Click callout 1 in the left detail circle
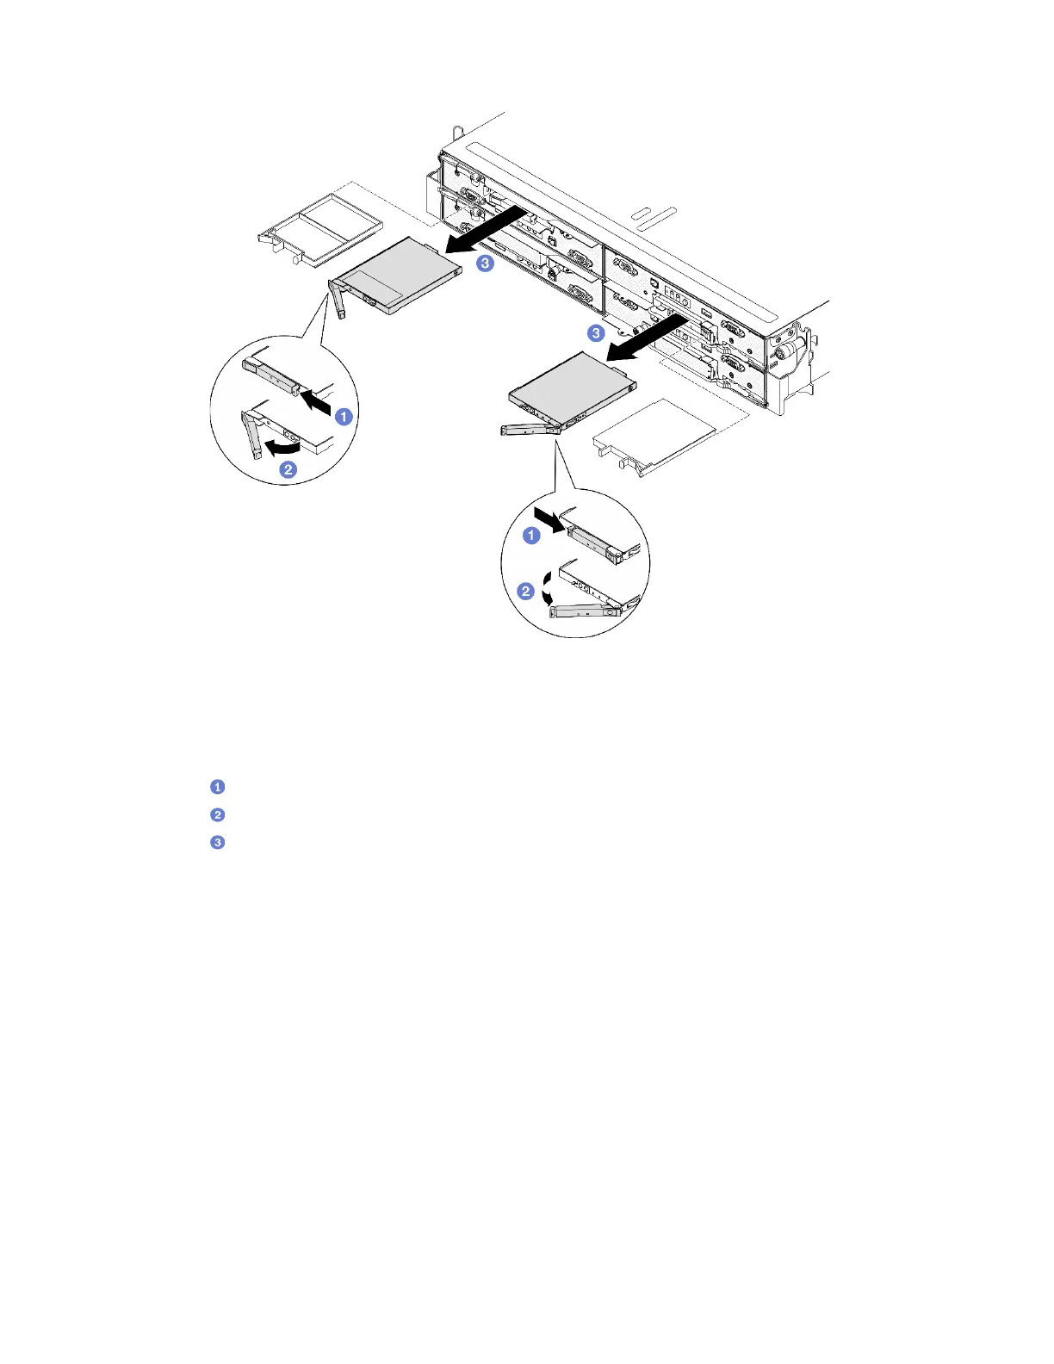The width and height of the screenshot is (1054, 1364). pyautogui.click(x=344, y=417)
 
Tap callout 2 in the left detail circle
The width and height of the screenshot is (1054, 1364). pyautogui.click(x=288, y=469)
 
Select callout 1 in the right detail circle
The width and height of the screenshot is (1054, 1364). pyautogui.click(x=532, y=536)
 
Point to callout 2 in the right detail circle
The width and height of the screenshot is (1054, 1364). pyautogui.click(x=525, y=591)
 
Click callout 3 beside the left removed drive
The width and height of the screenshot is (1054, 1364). pyautogui.click(x=486, y=263)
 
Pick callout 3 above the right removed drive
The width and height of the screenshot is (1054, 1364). pyautogui.click(x=596, y=332)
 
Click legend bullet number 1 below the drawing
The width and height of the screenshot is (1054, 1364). pyautogui.click(x=218, y=787)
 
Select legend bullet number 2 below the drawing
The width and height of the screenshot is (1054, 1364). pyautogui.click(x=218, y=815)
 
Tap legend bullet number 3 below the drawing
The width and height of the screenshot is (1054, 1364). pyautogui.click(x=218, y=842)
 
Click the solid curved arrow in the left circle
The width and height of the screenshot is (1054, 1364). pyautogui.click(x=282, y=446)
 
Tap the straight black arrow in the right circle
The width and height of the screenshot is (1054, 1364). pyautogui.click(x=549, y=519)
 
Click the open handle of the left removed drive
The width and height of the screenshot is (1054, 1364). pyautogui.click(x=338, y=300)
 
